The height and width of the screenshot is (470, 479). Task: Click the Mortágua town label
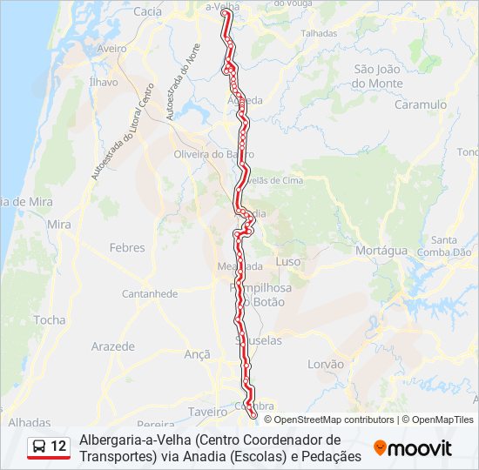(381, 251)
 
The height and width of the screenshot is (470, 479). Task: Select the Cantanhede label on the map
(150, 294)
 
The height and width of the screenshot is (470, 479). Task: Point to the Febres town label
(127, 248)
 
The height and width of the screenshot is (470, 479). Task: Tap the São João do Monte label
(378, 77)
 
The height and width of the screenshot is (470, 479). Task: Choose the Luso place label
(287, 262)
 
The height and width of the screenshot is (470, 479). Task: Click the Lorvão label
(326, 364)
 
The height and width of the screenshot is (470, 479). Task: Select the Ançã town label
(198, 354)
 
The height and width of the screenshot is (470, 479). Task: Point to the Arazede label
(113, 346)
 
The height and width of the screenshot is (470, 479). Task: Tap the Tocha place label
(50, 320)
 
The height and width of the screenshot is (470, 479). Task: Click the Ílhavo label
(103, 82)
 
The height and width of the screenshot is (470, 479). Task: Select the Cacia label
(148, 11)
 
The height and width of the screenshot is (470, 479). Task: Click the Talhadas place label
(318, 33)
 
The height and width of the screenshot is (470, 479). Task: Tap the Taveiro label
(207, 411)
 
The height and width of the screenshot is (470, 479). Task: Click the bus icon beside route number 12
(39, 446)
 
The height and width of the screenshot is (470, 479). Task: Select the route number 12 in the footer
(58, 446)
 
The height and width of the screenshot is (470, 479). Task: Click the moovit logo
(413, 448)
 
